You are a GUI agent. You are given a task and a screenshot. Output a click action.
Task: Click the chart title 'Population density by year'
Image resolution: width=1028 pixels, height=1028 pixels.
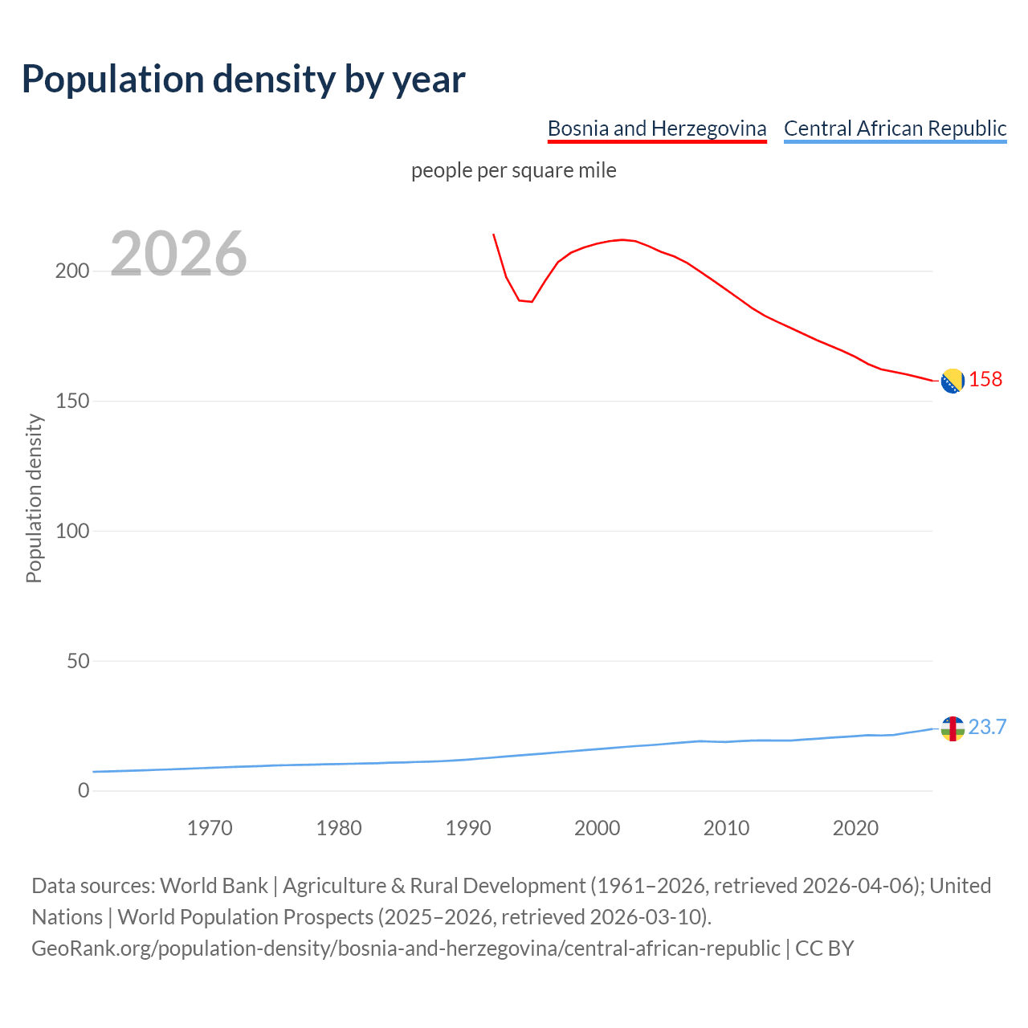click(243, 79)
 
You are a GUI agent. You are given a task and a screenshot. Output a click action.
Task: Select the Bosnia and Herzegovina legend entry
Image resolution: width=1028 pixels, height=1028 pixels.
click(656, 128)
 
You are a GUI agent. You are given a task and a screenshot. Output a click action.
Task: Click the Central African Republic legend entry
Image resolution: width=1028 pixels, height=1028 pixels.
click(895, 128)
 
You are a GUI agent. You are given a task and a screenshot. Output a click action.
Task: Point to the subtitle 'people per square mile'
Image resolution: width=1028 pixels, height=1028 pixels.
click(513, 170)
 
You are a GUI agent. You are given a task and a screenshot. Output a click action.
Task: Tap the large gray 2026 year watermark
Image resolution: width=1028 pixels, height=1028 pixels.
click(178, 254)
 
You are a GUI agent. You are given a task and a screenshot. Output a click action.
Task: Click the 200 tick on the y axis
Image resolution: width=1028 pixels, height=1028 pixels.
click(72, 271)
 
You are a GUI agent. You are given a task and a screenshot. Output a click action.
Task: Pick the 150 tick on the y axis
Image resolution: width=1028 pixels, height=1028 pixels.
click(72, 401)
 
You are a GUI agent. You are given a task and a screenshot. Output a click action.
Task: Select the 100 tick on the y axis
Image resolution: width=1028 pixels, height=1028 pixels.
click(72, 531)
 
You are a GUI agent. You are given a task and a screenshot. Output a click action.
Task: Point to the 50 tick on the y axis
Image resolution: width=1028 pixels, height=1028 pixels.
click(77, 661)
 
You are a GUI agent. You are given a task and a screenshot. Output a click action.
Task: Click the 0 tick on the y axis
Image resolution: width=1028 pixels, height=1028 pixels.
click(84, 791)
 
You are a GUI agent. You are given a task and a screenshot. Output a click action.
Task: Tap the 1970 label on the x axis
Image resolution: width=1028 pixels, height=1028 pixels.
click(210, 828)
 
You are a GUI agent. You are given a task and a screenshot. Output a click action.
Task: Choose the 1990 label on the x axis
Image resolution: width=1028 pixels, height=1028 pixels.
click(468, 828)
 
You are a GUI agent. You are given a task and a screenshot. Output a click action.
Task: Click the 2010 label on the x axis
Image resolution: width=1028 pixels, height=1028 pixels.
click(726, 828)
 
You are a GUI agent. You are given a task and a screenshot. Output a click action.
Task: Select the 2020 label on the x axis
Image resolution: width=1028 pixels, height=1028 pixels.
click(855, 828)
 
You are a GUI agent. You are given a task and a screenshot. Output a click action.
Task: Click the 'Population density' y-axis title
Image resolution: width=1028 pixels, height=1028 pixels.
click(34, 498)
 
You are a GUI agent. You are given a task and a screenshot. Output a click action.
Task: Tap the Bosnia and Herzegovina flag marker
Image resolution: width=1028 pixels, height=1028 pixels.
click(953, 381)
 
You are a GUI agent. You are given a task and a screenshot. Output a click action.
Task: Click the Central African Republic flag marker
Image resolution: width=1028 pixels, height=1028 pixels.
click(953, 728)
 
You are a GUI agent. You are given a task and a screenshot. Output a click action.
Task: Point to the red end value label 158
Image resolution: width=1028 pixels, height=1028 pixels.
click(985, 379)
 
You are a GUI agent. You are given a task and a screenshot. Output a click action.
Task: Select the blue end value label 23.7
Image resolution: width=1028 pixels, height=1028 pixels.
click(987, 727)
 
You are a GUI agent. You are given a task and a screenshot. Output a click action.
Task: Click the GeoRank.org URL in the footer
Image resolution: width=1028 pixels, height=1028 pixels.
click(406, 948)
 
